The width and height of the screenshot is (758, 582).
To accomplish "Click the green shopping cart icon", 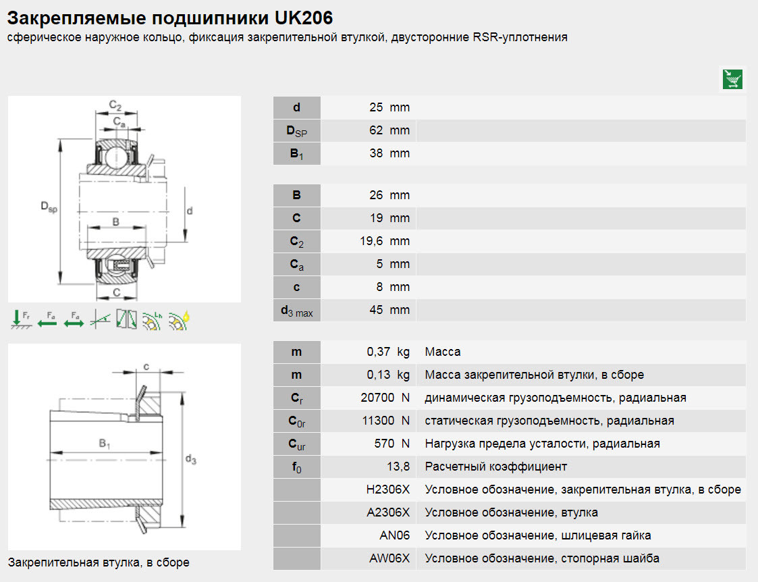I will (733, 79).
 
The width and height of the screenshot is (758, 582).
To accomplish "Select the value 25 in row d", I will (376, 107).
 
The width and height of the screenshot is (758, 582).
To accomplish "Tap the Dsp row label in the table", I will (297, 131).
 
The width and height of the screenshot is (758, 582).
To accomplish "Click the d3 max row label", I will (297, 311).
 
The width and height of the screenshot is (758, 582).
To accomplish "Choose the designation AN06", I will (395, 535).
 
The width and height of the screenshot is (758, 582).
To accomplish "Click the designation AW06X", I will (389, 558).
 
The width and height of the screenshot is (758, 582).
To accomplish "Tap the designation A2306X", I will (388, 512).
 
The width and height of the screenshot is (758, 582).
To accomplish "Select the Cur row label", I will (297, 444).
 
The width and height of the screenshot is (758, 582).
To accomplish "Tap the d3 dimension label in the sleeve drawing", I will (190, 460).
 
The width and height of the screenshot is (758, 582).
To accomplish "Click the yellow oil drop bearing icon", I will (179, 319).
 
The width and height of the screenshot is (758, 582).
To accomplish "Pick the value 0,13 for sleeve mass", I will (379, 375).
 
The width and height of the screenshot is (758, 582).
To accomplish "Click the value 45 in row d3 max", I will (376, 310).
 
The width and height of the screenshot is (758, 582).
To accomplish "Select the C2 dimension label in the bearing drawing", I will (115, 106).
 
